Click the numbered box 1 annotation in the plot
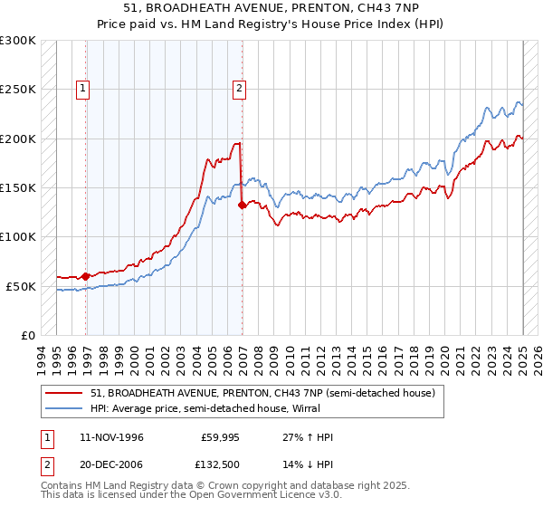[x=82, y=89]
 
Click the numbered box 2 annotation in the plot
[x=239, y=89]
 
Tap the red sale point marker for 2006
[x=242, y=206]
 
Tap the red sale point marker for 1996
[x=86, y=276]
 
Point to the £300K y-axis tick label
[x=18, y=41]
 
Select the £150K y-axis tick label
[x=18, y=187]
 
